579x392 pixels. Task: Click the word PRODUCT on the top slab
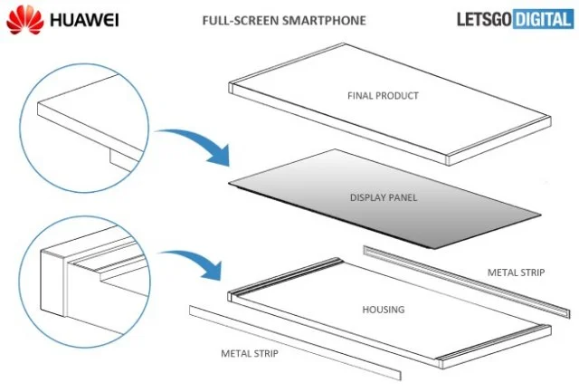pos(402,95)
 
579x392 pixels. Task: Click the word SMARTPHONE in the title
pos(319,19)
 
